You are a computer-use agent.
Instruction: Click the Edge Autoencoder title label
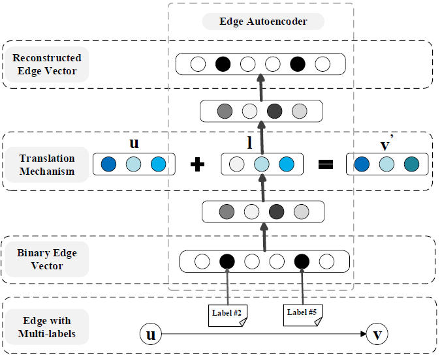point(263,22)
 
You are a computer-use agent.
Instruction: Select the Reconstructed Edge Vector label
point(47,65)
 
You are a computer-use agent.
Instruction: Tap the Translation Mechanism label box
point(47,164)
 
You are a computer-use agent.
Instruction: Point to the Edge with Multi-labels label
point(47,327)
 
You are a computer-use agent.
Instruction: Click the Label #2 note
point(227,313)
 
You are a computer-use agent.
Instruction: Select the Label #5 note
point(302,313)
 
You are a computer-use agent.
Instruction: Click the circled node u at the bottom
point(151,335)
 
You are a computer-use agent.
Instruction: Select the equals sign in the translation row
point(325,164)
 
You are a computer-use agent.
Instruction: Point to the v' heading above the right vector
point(387,142)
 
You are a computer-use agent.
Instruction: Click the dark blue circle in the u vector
point(108,164)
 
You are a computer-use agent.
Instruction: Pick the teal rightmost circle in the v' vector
point(411,164)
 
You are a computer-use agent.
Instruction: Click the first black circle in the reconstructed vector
point(223,65)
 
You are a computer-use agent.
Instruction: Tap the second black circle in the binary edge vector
point(301,262)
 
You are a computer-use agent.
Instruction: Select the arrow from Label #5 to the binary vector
point(301,288)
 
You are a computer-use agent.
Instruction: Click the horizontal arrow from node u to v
point(261,335)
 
